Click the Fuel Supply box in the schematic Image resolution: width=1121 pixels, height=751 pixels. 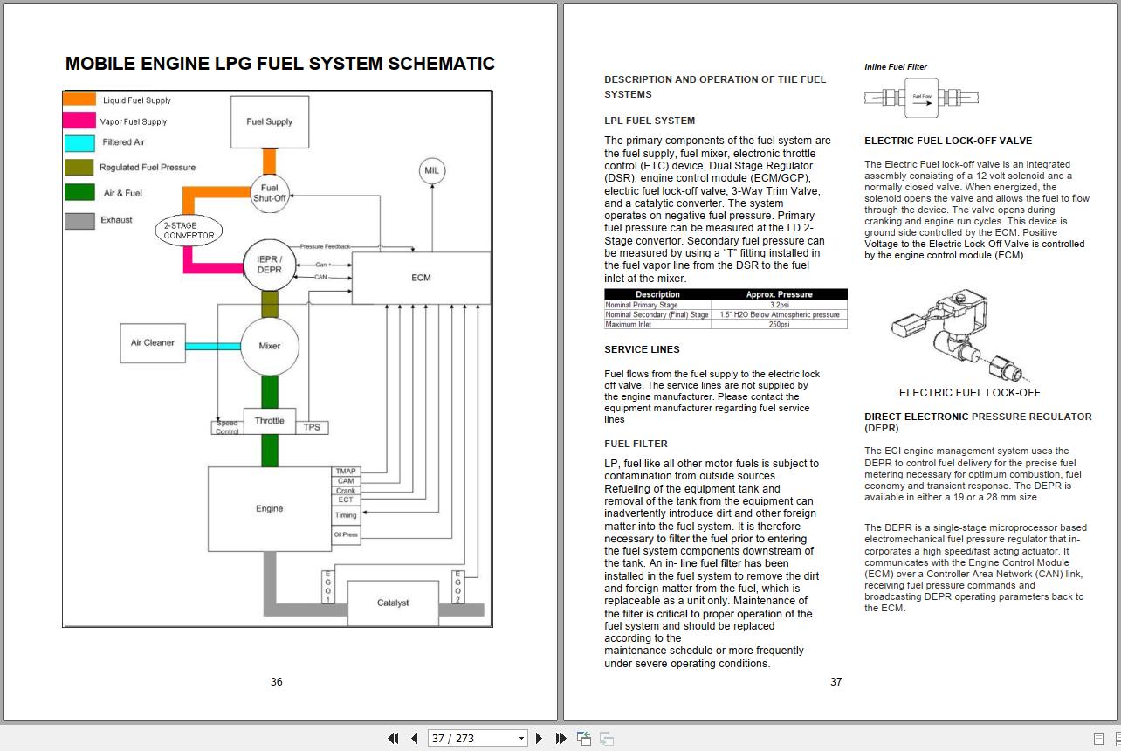coord(269,122)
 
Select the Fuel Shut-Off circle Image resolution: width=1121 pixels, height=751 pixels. coord(269,192)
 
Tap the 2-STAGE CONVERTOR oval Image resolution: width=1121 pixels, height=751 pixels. coord(189,231)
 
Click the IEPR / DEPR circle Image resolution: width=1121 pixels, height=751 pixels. coord(269,265)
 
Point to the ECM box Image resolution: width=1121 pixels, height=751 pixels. coord(421,278)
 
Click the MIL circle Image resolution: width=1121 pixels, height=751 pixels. coord(431,170)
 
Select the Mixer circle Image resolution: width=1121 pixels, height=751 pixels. coord(269,346)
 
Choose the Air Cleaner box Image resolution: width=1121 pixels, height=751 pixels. coord(153,343)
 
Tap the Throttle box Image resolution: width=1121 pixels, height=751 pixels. coord(269,421)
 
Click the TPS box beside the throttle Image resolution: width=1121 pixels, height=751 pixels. coord(312,427)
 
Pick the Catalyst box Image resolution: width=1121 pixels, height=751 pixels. coord(393,603)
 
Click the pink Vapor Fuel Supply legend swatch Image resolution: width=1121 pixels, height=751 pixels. coord(79,121)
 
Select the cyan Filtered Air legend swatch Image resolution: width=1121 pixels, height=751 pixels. coord(79,142)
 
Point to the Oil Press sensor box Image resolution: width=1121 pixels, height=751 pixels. coord(346,534)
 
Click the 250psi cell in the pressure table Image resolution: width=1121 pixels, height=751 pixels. coord(779,324)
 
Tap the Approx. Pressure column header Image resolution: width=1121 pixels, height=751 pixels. coord(779,294)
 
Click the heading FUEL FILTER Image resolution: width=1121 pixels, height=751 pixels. coord(636,444)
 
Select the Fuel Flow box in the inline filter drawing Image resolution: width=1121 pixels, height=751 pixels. coord(921,97)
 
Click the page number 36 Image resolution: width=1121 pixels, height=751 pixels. coord(276,681)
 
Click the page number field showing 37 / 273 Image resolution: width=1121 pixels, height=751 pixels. coord(478,738)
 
